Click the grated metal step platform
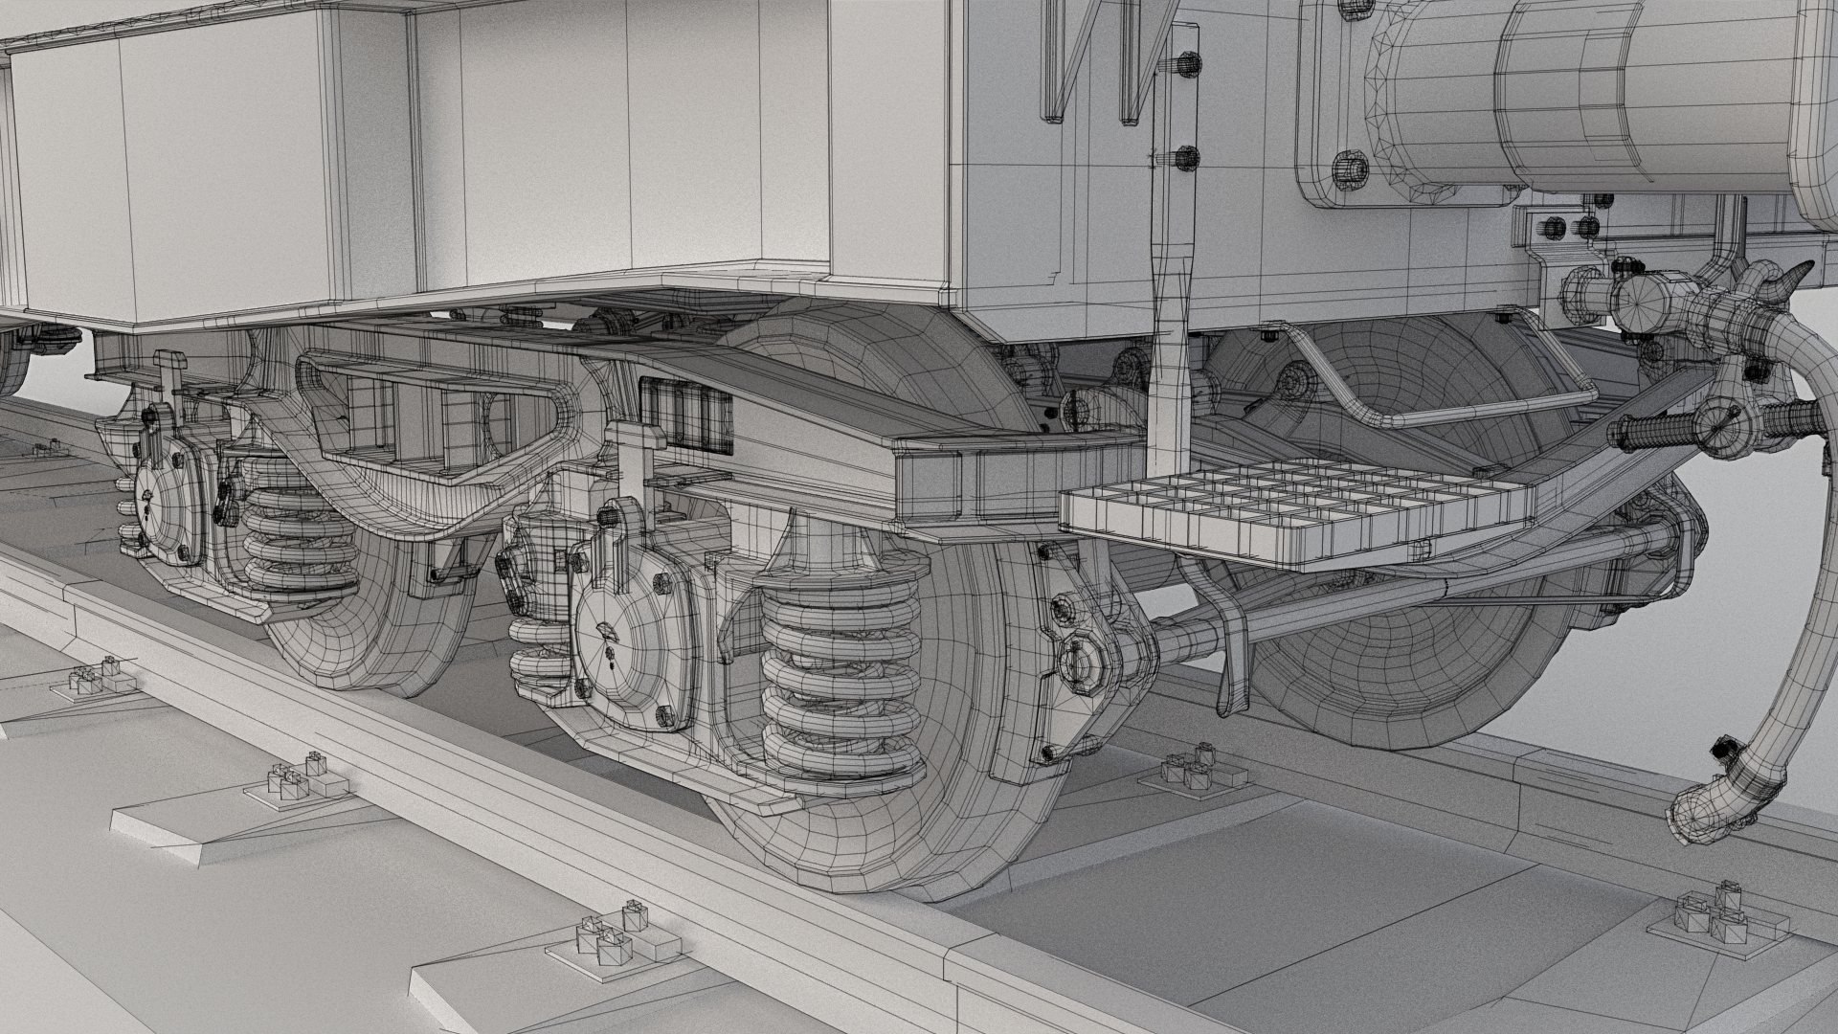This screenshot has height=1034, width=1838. (x=1292, y=512)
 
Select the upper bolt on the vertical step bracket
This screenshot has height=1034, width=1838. (x=1185, y=65)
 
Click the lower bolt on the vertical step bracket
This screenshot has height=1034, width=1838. (x=1185, y=158)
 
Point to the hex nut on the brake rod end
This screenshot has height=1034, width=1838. (x=1082, y=661)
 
